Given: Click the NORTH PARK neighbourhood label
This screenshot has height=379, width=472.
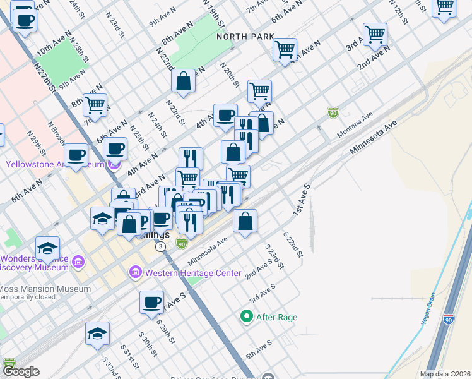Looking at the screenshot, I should pos(245,37).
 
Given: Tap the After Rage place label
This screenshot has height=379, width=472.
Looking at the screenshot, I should pos(276,317).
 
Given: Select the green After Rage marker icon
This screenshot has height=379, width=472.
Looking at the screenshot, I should pos(248,316).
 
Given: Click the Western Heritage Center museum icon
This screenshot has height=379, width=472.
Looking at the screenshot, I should pos(135,273).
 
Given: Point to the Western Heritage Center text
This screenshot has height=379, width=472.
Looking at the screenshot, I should pos(192,273).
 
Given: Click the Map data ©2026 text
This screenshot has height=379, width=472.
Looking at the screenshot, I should pos(445,374).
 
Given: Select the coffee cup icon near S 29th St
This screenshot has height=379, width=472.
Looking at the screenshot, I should pos(151,302).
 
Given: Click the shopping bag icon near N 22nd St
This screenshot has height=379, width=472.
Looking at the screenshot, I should pos(183,81).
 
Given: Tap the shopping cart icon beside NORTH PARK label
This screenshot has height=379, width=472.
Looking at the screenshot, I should pos(285,49).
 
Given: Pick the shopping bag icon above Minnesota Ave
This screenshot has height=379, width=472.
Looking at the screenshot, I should pos(245,220).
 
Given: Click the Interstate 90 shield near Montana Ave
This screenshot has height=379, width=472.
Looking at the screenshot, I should pos(333,112).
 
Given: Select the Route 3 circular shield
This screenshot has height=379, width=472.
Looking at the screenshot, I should pos(162,246).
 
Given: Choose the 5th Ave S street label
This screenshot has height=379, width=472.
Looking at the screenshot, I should pos(259,349).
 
